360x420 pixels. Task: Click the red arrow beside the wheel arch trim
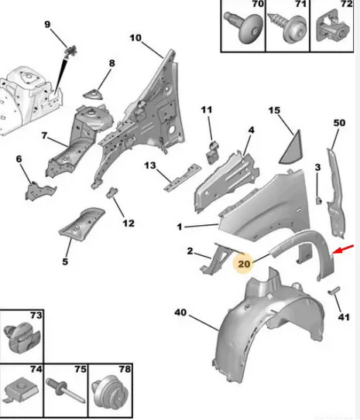point(343,249)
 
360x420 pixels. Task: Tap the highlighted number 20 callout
point(244,264)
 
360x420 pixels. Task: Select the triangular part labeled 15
point(290,148)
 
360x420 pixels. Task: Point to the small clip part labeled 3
point(319,200)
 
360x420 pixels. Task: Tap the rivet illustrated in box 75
point(65,391)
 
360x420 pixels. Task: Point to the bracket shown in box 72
point(333,26)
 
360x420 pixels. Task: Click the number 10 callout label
point(135,38)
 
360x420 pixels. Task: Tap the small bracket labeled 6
point(40,191)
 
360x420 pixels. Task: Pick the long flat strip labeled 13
point(182,177)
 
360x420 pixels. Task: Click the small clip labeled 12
point(112,193)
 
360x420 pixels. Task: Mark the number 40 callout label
point(180,312)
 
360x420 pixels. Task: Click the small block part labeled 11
point(213,152)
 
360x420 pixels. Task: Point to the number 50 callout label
point(339,123)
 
